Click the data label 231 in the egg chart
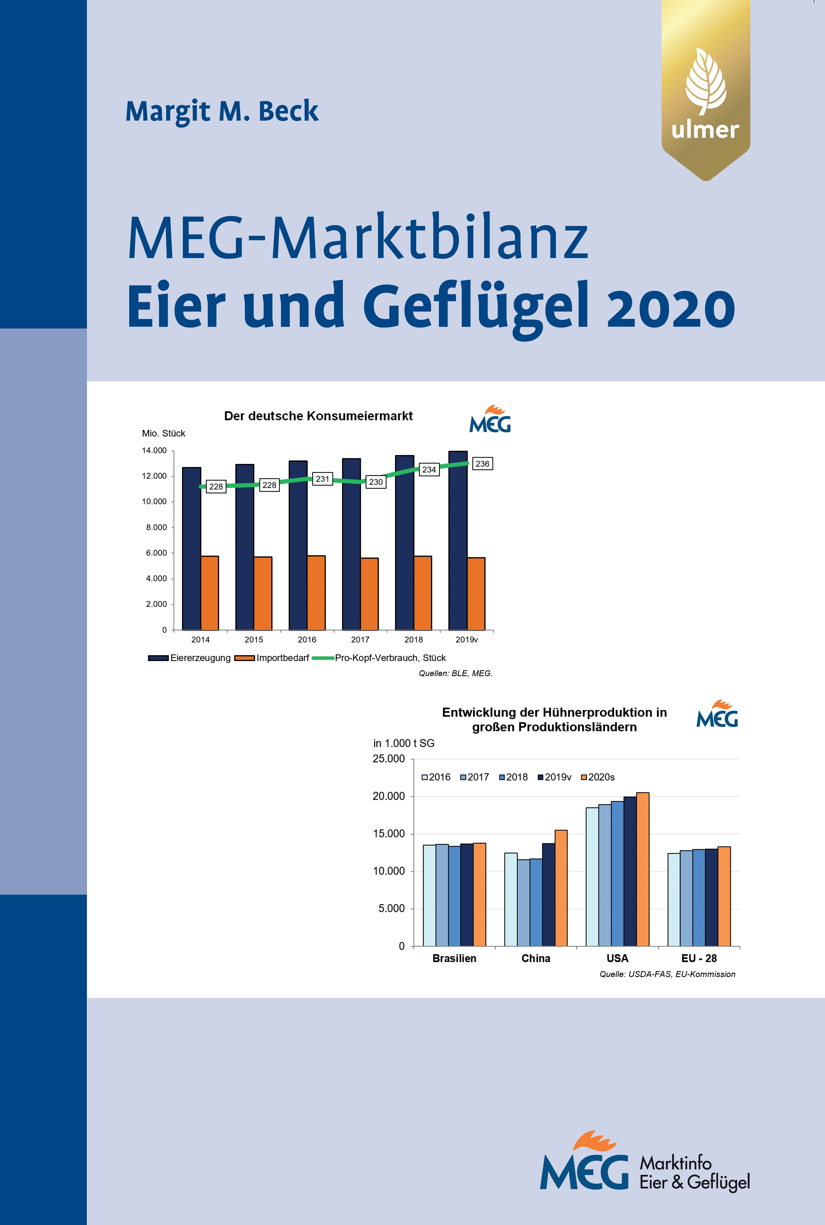pos(323,479)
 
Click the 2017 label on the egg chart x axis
pos(360,640)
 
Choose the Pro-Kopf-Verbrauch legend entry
pos(379,658)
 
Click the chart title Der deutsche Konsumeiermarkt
pos(318,416)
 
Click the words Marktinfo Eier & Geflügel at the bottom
pos(695,1172)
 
